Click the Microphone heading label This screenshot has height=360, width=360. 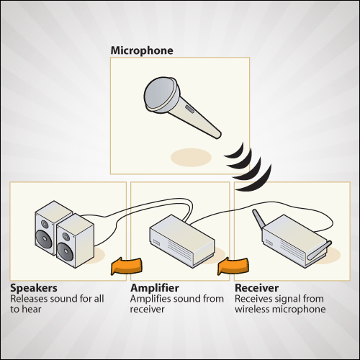[142, 51]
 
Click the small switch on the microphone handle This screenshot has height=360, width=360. [189, 109]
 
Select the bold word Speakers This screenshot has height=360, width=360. [34, 288]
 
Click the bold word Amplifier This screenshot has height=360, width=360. [155, 288]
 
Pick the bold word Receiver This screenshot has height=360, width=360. [257, 288]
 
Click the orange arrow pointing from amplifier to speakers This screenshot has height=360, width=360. [126, 266]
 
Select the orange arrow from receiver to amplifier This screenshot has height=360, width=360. [233, 266]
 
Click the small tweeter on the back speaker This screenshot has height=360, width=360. [45, 225]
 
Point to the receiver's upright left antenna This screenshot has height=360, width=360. [258, 219]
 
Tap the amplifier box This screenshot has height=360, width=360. [181, 241]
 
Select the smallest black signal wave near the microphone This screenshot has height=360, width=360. [235, 151]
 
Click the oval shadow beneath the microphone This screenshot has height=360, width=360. [191, 158]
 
